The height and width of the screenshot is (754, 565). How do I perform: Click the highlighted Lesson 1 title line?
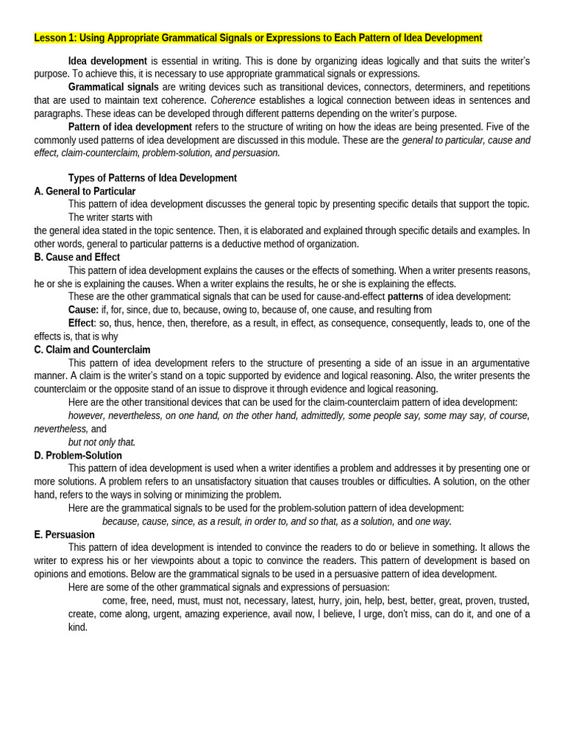258,38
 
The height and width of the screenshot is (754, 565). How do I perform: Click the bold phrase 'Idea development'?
107,61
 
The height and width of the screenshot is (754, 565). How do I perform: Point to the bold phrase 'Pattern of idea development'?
130,127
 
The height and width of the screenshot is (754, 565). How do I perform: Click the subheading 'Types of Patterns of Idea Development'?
152,178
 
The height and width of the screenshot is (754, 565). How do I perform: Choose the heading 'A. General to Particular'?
85,191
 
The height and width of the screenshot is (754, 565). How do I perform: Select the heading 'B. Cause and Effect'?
77,257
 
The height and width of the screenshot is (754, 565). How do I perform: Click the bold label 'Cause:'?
83,310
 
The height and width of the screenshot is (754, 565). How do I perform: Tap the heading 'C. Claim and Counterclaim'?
92,350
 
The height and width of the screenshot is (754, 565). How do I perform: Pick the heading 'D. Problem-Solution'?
78,456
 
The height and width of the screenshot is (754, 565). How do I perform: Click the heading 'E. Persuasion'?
64,535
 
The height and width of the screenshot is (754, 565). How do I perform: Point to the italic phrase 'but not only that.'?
102,443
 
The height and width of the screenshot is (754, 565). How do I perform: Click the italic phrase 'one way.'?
433,521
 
